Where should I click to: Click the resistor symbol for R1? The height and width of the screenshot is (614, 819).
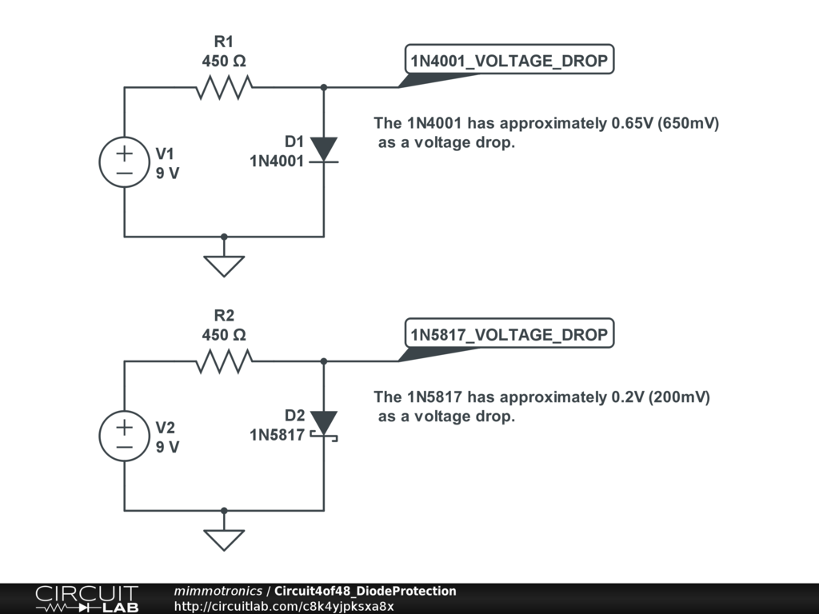224,87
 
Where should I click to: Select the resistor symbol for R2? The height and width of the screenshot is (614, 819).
224,361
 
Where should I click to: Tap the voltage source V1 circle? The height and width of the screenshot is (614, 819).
124,162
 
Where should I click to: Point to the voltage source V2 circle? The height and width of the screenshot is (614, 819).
124,437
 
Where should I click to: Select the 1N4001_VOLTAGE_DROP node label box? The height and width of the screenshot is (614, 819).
509,60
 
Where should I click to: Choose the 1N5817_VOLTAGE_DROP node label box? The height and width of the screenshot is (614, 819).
509,334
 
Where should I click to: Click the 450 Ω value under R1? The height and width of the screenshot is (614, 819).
224,61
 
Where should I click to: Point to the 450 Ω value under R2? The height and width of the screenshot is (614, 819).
224,335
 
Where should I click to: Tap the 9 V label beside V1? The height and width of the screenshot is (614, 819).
168,173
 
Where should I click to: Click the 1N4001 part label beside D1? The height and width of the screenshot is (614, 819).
277,161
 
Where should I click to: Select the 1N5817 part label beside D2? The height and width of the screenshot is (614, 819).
277,435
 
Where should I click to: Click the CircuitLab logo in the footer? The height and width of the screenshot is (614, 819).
86,599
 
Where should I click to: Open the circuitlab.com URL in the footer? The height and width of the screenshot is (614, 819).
284,606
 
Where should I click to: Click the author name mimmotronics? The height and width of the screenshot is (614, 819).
218,591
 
